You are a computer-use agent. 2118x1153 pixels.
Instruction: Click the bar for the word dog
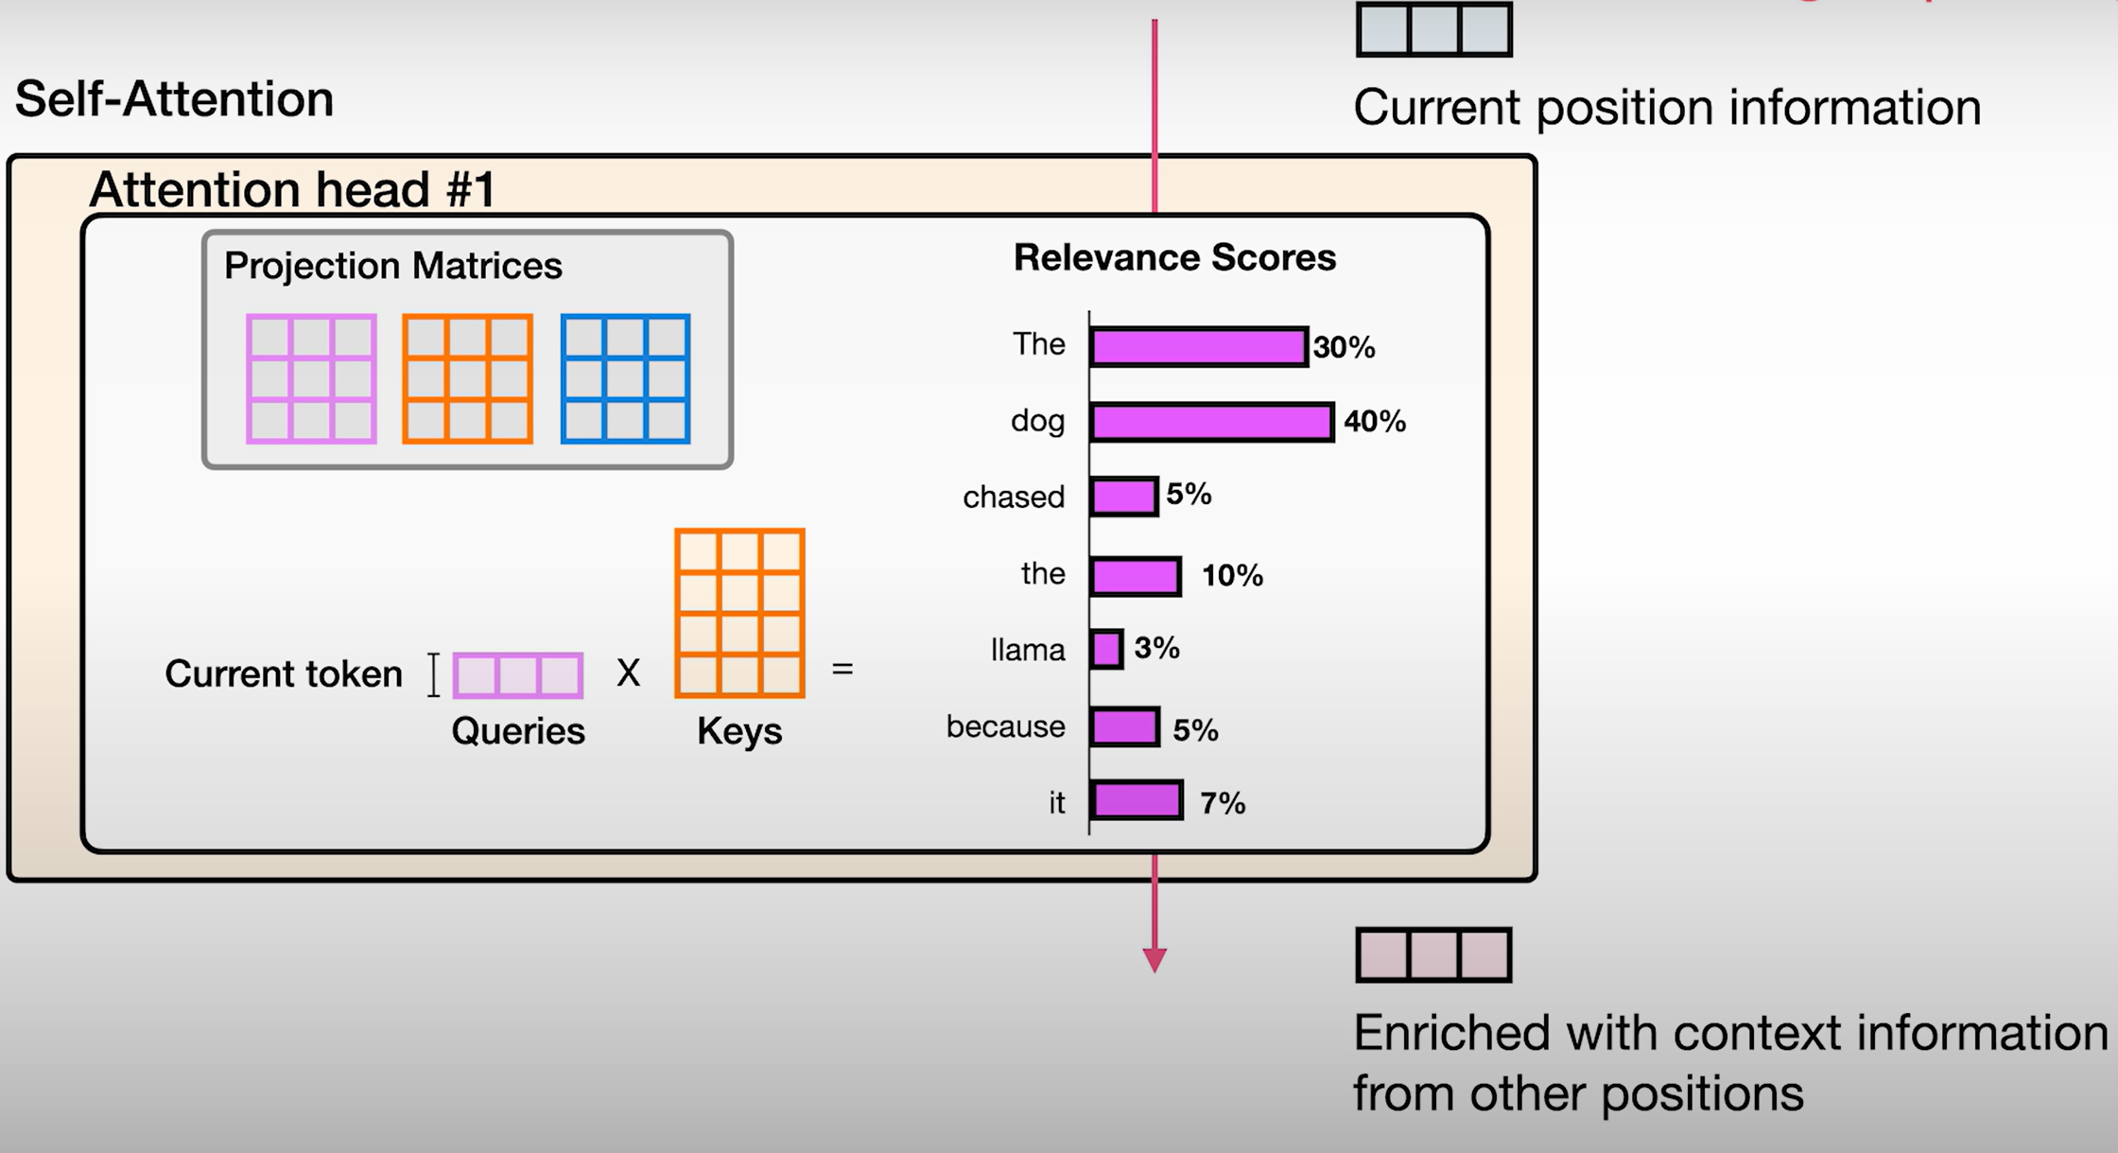point(1211,422)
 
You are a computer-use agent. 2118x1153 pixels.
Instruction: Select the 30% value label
point(1344,348)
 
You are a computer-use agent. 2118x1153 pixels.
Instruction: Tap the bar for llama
point(1106,650)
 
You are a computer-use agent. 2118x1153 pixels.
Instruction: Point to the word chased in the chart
point(1013,498)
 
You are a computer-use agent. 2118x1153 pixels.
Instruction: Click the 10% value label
point(1231,575)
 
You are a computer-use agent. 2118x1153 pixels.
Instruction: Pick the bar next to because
point(1124,727)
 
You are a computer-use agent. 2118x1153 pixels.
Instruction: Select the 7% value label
point(1222,804)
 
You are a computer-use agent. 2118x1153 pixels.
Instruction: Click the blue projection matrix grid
point(625,379)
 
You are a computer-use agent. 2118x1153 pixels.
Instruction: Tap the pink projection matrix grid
point(311,379)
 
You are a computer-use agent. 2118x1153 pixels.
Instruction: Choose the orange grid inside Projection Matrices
point(467,379)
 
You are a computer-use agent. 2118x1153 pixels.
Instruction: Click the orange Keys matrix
point(739,614)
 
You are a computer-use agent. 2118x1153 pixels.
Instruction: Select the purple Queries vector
point(518,675)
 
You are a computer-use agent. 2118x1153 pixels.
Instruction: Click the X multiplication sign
point(628,673)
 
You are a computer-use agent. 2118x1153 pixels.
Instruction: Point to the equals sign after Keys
point(842,670)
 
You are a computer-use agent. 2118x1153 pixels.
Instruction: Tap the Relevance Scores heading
point(1174,258)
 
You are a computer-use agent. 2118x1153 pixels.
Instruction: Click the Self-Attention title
point(175,99)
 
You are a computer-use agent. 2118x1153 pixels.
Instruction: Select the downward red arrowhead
point(1154,960)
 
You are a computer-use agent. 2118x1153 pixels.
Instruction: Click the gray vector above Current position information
point(1433,29)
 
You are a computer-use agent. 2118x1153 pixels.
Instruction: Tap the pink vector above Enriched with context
point(1433,955)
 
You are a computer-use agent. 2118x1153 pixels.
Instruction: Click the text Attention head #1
point(292,189)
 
